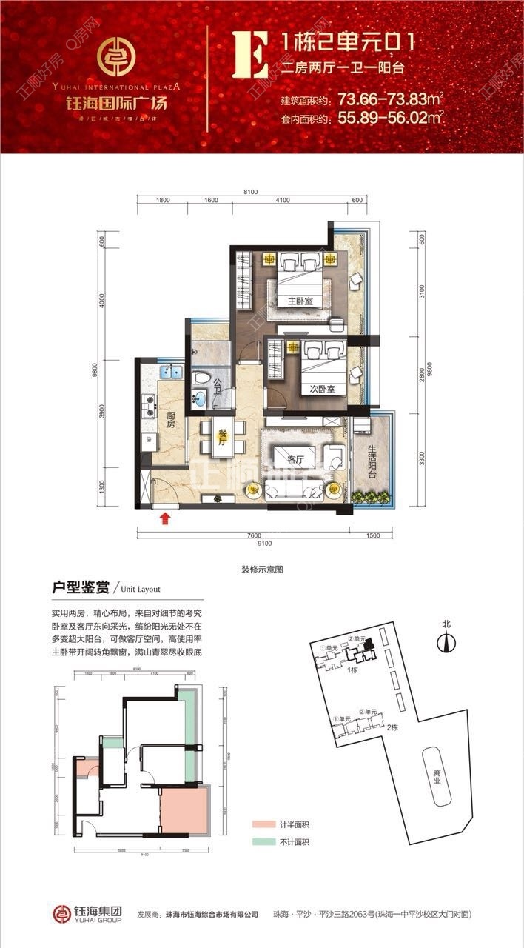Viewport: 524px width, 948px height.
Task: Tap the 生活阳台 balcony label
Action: (372, 460)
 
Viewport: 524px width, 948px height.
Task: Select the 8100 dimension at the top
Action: (250, 192)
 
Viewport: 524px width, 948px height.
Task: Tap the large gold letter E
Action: (250, 54)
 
